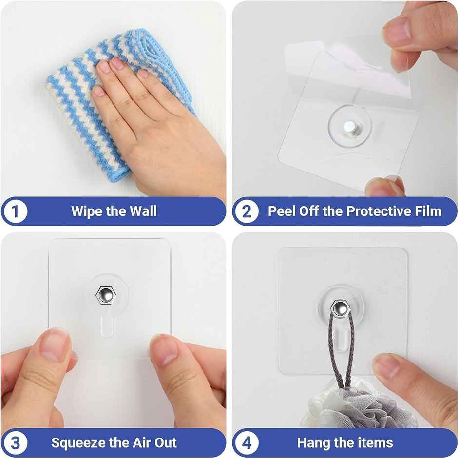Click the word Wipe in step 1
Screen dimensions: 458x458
tap(86, 211)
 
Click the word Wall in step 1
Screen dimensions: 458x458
tap(143, 211)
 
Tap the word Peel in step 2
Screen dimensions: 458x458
tap(282, 211)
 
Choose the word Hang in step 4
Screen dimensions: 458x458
tap(314, 443)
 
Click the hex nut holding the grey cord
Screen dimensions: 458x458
tap(339, 307)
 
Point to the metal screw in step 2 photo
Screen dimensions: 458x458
tap(349, 128)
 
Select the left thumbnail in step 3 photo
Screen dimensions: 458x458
tap(55, 345)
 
